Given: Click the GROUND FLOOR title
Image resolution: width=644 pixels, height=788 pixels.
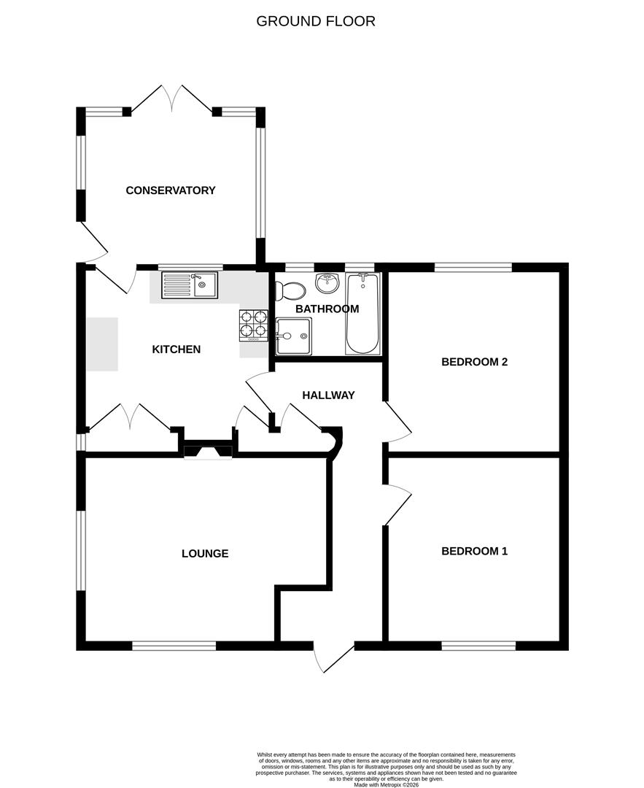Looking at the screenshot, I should click(x=315, y=21).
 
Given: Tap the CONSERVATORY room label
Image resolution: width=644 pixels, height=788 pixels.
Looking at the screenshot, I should click(x=171, y=190).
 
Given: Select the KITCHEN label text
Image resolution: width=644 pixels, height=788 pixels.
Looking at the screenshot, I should click(x=176, y=349).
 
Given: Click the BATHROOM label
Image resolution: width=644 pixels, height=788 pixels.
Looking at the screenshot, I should click(x=327, y=309).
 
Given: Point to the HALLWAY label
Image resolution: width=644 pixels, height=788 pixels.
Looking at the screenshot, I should click(x=328, y=395).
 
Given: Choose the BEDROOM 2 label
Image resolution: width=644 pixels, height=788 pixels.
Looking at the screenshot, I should click(x=474, y=362).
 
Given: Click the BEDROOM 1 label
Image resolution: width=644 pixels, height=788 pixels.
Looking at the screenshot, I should click(x=474, y=552).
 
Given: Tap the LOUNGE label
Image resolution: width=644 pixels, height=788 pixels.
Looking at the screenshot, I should click(x=205, y=554).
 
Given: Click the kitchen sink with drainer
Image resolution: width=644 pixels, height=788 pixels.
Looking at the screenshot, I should click(x=190, y=285).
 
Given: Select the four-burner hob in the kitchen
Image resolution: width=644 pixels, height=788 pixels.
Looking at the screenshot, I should click(x=254, y=325).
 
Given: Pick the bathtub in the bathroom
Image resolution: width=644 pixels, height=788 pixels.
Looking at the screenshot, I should click(x=362, y=313).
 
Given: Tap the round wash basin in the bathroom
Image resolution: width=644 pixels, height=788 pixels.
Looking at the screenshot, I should click(x=327, y=282).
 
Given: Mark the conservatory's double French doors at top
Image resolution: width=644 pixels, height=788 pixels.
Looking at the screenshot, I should click(x=172, y=98).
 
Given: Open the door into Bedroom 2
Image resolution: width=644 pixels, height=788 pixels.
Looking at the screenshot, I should click(x=398, y=422).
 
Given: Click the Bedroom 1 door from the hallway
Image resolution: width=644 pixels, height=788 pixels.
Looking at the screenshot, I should click(x=398, y=503).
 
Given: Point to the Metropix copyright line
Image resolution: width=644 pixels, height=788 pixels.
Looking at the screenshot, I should click(x=387, y=784).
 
